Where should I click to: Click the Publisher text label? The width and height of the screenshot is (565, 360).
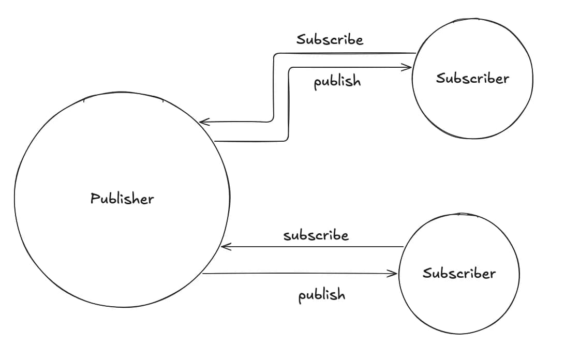coord(122,198)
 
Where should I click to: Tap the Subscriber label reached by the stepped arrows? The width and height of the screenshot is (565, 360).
coord(472,78)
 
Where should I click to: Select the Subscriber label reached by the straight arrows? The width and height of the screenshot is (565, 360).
coord(459,273)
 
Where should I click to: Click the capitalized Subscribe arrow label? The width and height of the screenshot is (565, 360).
coord(330,39)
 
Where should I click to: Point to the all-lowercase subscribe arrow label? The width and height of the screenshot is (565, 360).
coord(316,236)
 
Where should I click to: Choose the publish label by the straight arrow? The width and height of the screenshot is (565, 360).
coord(321,295)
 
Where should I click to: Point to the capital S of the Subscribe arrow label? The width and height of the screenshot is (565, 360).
coord(301,39)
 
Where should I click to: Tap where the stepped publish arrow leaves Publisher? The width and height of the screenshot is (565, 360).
coord(215,141)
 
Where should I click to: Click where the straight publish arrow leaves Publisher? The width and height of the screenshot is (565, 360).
coord(203,274)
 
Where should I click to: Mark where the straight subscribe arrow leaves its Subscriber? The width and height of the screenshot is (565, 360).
coord(403,247)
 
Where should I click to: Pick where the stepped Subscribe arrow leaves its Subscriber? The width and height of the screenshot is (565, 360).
coord(415,53)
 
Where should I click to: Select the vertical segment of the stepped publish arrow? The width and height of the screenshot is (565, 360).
coord(288,103)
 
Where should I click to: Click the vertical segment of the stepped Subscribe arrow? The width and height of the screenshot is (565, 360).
coord(273,88)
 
